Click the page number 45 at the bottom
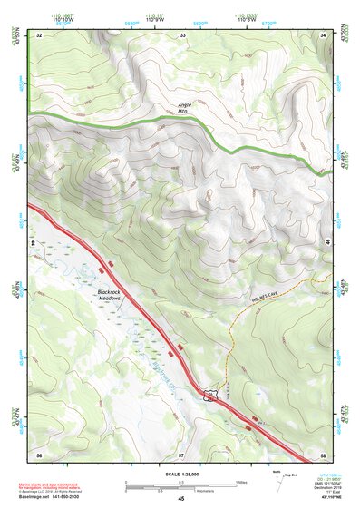(x=180, y=499)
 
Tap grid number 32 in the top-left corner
(x=39, y=34)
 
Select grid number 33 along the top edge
(x=182, y=34)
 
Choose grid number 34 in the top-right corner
(x=324, y=34)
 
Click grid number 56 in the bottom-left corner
(x=39, y=453)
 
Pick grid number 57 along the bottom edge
(x=180, y=453)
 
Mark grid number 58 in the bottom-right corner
(x=323, y=453)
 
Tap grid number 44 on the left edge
(x=33, y=244)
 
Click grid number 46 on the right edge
(x=326, y=244)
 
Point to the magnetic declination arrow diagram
(x=276, y=478)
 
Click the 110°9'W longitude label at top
(x=181, y=18)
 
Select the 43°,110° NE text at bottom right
(x=322, y=499)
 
